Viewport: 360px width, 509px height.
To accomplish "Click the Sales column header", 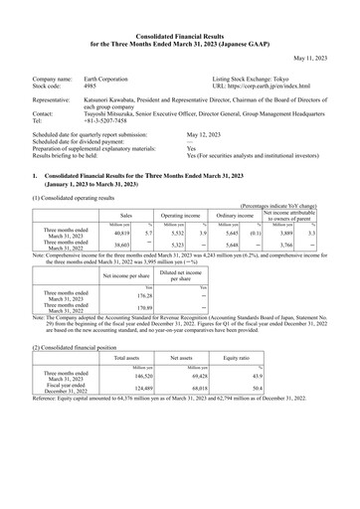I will point(126,214).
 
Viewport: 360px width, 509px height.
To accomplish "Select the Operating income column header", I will point(179,214).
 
